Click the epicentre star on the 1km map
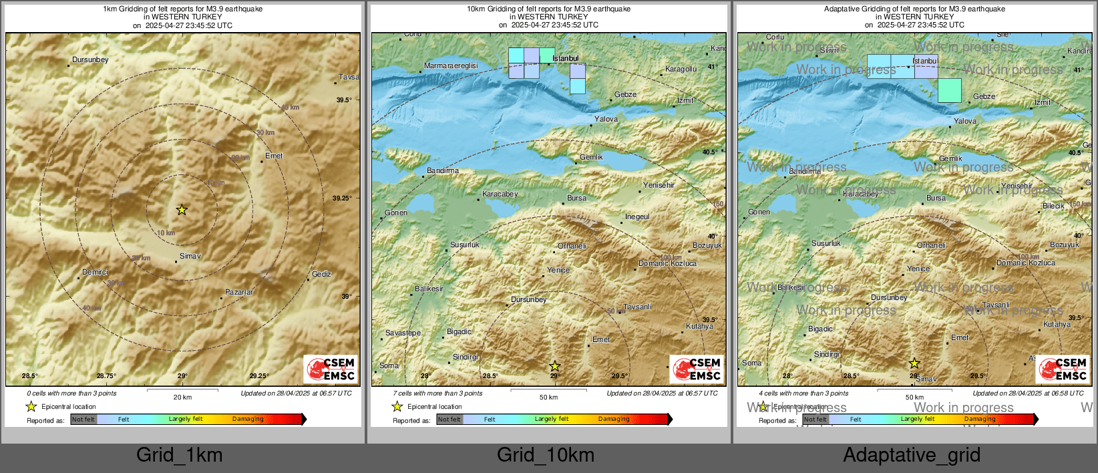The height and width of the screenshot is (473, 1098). click(x=182, y=210)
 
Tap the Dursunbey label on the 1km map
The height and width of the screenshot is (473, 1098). click(x=90, y=59)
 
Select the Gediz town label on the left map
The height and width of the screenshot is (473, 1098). click(x=321, y=274)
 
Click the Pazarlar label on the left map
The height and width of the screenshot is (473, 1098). click(x=239, y=292)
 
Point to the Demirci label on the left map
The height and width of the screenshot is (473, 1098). click(x=95, y=272)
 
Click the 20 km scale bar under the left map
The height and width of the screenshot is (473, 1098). click(x=182, y=389)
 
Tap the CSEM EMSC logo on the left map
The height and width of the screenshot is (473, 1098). click(x=331, y=369)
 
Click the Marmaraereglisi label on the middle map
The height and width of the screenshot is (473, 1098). click(x=451, y=65)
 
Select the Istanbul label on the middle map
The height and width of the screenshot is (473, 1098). click(x=566, y=58)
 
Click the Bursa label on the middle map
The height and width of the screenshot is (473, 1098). click(x=576, y=198)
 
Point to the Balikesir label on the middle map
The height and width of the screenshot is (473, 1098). click(x=429, y=289)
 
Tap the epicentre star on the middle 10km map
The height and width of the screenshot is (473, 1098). click(x=554, y=366)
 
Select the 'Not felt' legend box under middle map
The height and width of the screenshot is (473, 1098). click(x=449, y=420)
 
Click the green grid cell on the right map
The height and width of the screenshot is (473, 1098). click(x=950, y=90)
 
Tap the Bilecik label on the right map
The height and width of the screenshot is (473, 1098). click(x=1053, y=206)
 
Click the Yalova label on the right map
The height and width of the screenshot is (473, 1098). click(x=965, y=121)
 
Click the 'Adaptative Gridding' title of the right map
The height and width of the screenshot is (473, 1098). click(x=914, y=9)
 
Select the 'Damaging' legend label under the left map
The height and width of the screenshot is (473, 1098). click(x=248, y=419)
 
